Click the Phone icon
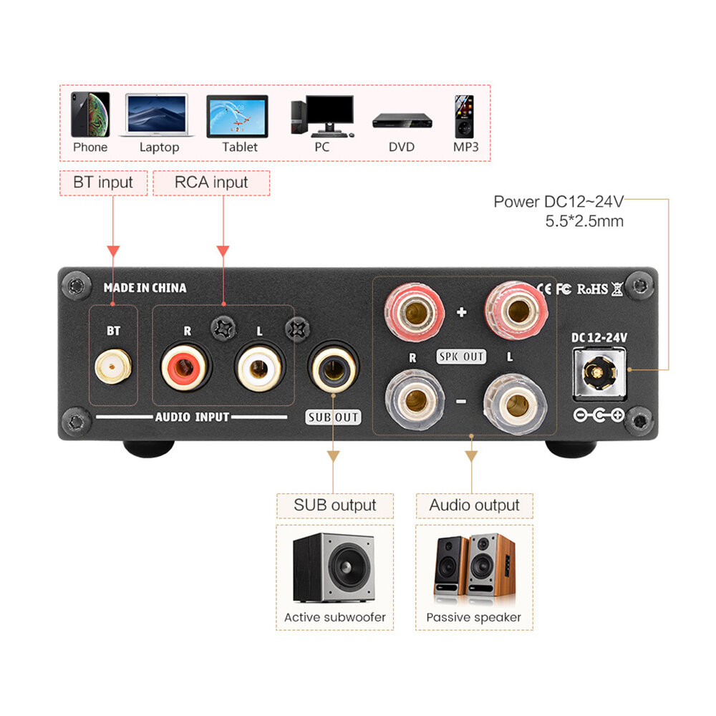pos(90,115)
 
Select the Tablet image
pos(237,116)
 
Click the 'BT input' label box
pos(103,183)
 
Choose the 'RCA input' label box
pos(211,183)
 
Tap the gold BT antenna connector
pos(112,369)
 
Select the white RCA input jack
pos(260,369)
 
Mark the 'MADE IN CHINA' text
pos(145,288)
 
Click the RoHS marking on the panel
pos(592,289)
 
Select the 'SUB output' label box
pos(334,505)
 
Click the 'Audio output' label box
pos(474,505)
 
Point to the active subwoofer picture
pos(334,567)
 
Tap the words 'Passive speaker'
pos(473,617)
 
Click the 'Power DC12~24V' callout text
pos(558,201)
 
